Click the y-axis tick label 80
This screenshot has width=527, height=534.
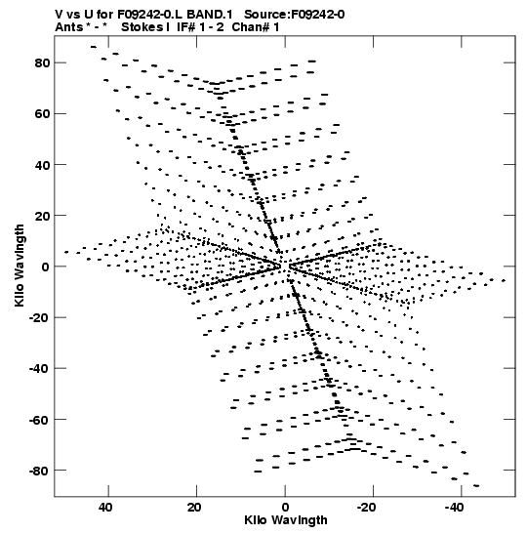point(43,63)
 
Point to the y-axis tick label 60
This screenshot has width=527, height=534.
point(43,114)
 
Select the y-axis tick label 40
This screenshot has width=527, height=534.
point(43,165)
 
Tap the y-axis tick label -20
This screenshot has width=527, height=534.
point(39,317)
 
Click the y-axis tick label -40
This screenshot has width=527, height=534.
point(39,368)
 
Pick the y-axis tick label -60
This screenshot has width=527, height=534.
point(39,420)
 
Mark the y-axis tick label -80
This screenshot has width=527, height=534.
point(39,471)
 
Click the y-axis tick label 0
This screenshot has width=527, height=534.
point(46,267)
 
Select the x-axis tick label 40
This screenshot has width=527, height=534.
point(105,508)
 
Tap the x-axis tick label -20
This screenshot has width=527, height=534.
point(366,508)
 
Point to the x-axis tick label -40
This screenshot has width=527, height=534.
point(454,508)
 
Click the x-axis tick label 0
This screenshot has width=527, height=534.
point(285,508)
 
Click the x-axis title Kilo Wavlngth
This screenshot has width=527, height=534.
point(286,520)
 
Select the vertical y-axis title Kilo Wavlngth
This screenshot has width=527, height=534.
point(20,266)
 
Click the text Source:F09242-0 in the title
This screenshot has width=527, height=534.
point(295,15)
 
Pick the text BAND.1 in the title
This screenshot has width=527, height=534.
point(210,15)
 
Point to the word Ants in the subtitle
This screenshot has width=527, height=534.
point(69,27)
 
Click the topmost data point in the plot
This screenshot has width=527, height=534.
point(94,47)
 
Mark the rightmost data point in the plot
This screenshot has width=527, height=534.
point(504,280)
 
